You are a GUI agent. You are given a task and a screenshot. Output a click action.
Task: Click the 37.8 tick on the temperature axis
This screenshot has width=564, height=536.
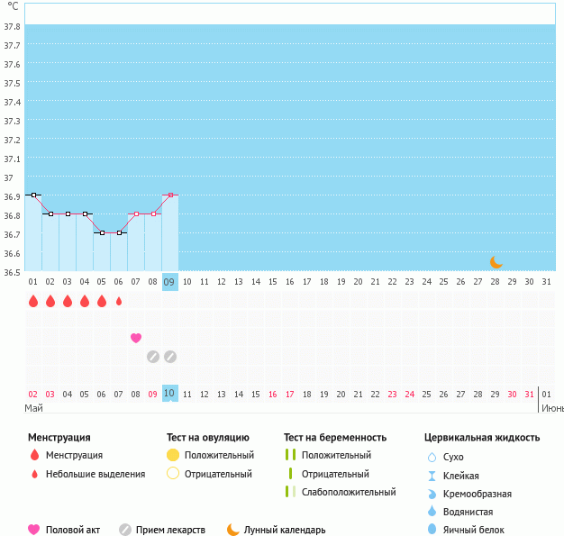12,27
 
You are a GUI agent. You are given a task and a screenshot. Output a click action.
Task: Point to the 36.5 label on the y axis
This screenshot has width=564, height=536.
12,272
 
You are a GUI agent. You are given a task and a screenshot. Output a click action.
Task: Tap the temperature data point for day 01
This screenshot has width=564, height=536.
33,195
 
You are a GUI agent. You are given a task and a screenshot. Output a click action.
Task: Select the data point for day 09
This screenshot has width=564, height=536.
170,195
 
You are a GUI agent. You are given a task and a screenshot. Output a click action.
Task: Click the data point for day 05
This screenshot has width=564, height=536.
102,232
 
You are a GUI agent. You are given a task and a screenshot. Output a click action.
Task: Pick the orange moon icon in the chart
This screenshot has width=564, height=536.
496,262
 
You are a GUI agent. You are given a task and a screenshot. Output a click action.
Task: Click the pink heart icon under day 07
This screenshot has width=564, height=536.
136,338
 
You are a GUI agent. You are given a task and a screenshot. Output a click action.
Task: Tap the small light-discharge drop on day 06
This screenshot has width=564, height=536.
119,302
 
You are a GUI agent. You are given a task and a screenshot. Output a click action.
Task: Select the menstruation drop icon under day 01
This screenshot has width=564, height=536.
33,302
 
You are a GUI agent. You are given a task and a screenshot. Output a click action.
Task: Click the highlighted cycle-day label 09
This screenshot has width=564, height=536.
170,282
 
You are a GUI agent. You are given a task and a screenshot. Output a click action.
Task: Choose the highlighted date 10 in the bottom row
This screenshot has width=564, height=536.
170,394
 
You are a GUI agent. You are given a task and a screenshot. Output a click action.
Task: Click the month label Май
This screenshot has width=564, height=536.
34,408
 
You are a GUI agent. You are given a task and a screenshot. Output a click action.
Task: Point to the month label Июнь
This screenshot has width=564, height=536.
551,408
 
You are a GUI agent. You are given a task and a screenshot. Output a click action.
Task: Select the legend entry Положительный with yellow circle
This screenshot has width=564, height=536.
218,455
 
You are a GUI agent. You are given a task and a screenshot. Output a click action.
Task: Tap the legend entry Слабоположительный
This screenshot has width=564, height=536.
348,492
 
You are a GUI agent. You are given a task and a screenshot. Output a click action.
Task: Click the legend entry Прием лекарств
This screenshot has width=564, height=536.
176,530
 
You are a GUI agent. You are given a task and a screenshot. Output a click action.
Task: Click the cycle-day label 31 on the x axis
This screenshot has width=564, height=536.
546,282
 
